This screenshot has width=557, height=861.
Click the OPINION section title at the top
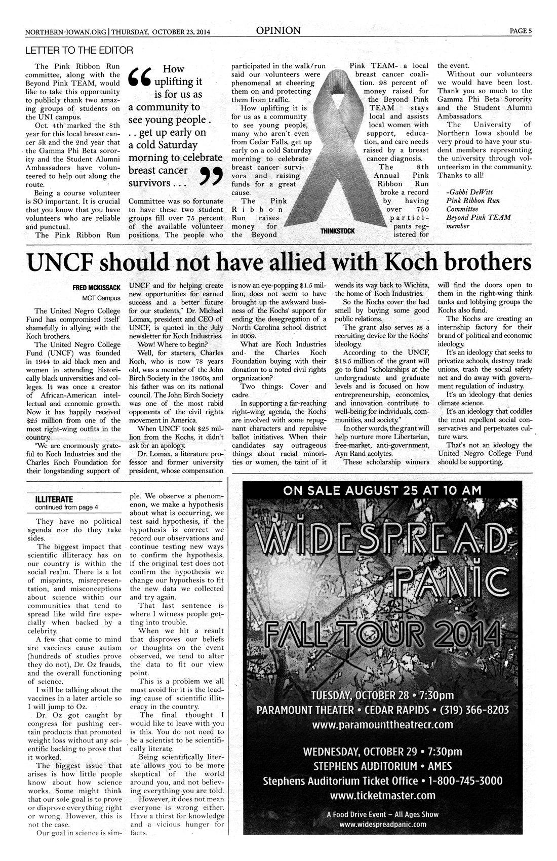(278, 31)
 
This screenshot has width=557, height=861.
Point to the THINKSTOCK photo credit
(337, 231)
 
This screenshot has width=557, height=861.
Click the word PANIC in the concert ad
(443, 578)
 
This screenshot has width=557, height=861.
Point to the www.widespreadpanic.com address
(383, 824)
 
